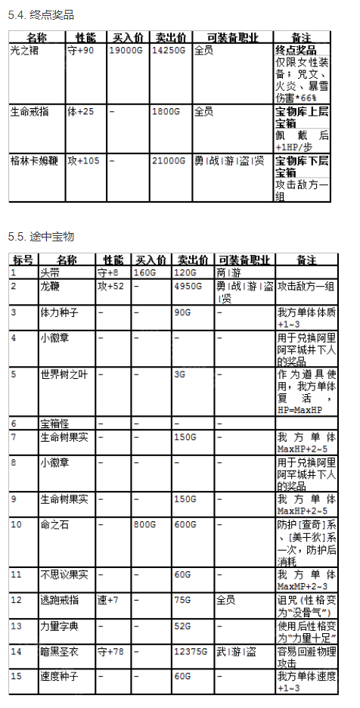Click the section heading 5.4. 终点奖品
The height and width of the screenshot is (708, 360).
(42, 15)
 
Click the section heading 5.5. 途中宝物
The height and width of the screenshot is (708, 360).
(42, 237)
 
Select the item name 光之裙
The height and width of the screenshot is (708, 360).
(25, 51)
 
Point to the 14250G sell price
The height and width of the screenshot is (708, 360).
(167, 51)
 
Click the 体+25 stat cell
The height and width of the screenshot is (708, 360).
(81, 111)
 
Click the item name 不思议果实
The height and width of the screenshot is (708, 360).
(64, 574)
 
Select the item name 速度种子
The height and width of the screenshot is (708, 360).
(59, 675)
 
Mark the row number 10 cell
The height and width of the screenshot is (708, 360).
(17, 524)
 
